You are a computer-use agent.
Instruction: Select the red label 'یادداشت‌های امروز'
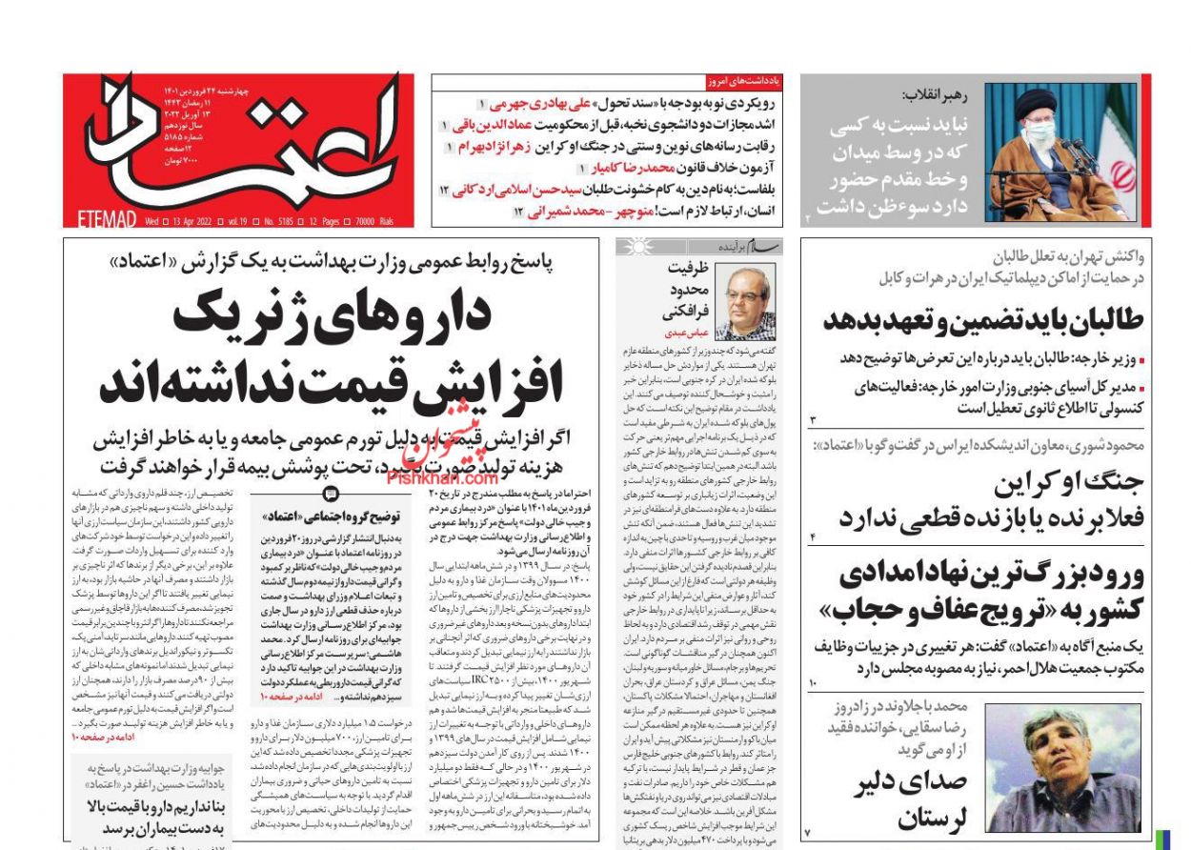point(744,82)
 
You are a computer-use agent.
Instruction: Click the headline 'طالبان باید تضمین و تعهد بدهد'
point(982,320)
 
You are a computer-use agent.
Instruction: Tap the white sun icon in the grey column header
point(634,248)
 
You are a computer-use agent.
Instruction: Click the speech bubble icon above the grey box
point(331,494)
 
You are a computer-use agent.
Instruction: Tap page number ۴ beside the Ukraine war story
point(813,539)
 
